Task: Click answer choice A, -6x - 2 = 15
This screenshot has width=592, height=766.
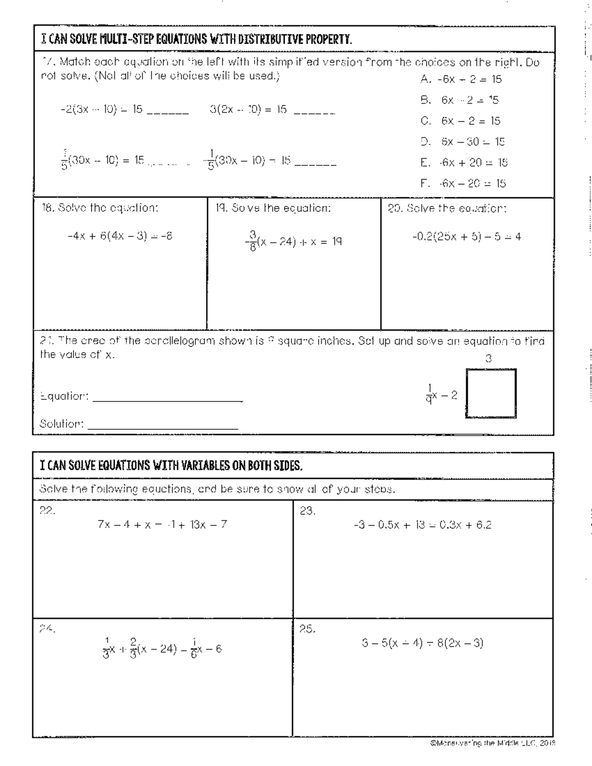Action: (x=461, y=79)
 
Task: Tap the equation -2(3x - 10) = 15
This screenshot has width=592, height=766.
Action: (x=101, y=109)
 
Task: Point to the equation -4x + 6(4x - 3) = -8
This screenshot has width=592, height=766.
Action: (x=120, y=236)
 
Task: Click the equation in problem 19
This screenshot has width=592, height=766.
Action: (x=295, y=242)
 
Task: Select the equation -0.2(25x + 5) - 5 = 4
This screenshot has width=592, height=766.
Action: (x=466, y=237)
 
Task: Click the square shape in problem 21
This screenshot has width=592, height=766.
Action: (x=491, y=393)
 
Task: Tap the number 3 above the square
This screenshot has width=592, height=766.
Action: (x=488, y=359)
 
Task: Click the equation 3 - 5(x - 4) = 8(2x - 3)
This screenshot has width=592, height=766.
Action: (x=422, y=643)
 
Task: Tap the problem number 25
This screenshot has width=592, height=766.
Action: (x=307, y=629)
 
